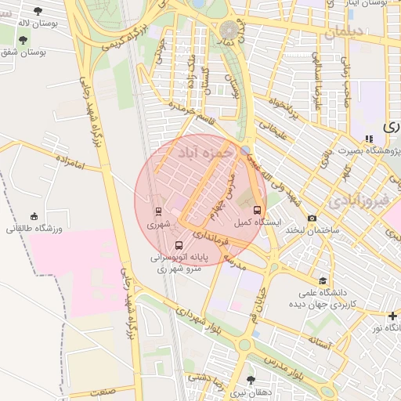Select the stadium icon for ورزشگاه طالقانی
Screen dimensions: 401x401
pos(34,216)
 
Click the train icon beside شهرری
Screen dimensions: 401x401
pos(159,211)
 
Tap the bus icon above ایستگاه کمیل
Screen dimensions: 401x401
pos(257,211)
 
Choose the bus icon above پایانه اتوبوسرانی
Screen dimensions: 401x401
pos(179,244)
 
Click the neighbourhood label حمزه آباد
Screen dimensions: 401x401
pos(206,151)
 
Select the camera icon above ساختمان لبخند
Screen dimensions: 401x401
pos(312,218)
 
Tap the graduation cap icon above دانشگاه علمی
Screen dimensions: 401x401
pos(323,280)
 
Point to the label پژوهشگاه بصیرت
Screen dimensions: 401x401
pos(367,150)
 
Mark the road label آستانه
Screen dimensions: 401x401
pos(321,341)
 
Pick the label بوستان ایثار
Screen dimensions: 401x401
pos(376,4)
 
